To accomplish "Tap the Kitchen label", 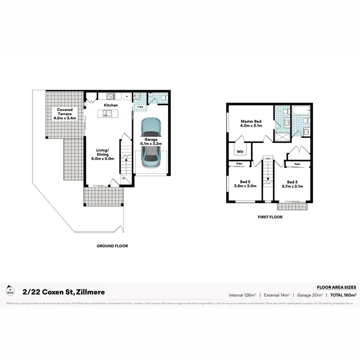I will [111, 105].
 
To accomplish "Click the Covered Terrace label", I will [64, 110].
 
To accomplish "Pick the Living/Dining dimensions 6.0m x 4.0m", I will [104, 158].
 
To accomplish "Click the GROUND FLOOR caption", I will [112, 246].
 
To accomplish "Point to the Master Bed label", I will [250, 121].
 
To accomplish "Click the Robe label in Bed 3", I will [297, 164].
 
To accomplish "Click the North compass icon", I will [9, 290].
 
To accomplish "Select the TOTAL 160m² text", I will [343, 294].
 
